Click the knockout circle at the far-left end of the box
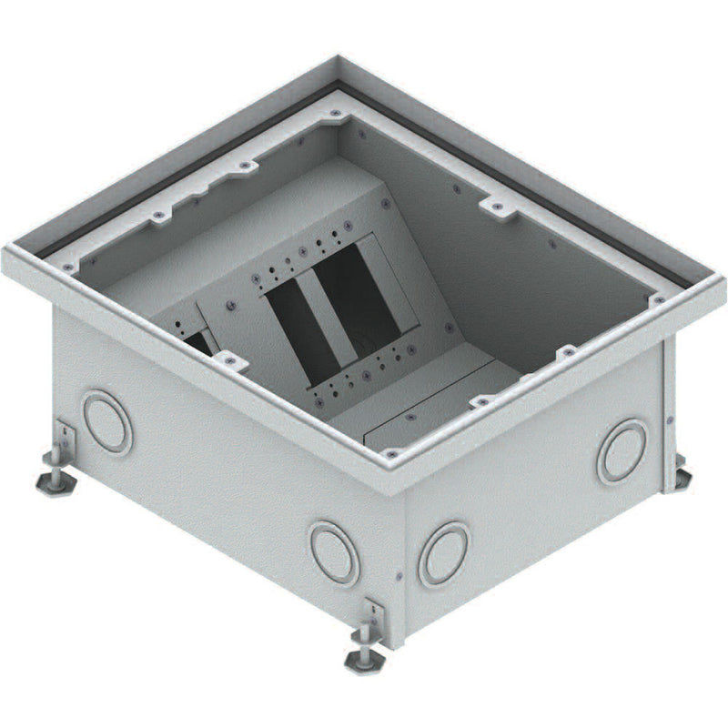tap(107, 421)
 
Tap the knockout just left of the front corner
tap(334, 551)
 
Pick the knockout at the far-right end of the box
tap(622, 450)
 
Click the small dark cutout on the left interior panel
tap(194, 341)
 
